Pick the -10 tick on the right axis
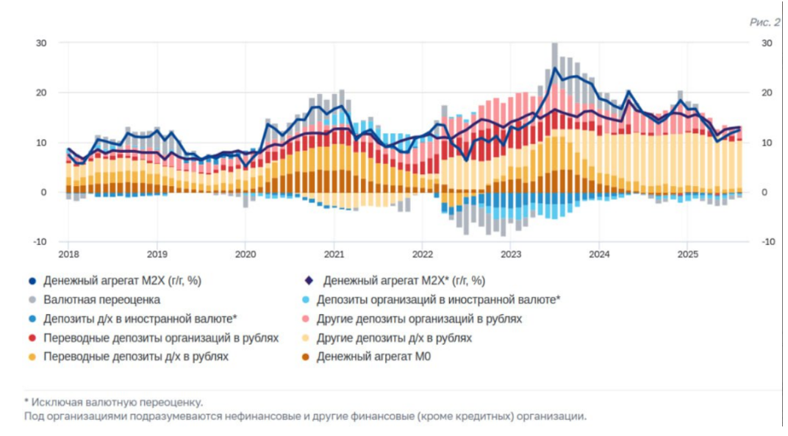coord(766,242)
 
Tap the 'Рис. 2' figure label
coord(764,22)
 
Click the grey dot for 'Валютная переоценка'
coord(32,300)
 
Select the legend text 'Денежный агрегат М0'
coord(373,357)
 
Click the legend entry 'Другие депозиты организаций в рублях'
coord(419,319)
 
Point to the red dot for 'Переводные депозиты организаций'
coord(32,338)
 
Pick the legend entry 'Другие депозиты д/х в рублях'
coord(394,338)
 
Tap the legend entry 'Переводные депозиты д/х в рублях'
coord(136,357)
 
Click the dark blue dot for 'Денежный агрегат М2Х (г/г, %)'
coord(32,281)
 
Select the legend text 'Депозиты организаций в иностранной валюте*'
coord(438,300)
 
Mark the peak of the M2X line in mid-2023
coord(555,68)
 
